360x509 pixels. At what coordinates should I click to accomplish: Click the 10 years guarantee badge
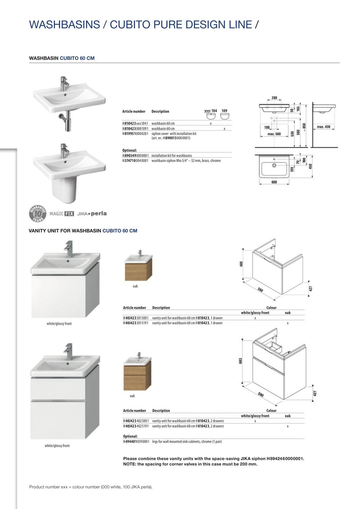click(38, 213)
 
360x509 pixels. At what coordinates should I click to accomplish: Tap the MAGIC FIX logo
click(61, 214)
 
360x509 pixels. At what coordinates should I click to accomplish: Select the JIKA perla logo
click(92, 213)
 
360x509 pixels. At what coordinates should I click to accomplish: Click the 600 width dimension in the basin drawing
click(274, 182)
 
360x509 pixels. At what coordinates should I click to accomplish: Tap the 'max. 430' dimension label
click(323, 127)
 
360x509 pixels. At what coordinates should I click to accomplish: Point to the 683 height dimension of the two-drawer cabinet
click(240, 361)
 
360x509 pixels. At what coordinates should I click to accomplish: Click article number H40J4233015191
click(136, 323)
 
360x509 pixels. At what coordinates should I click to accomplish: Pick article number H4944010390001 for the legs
click(136, 442)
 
